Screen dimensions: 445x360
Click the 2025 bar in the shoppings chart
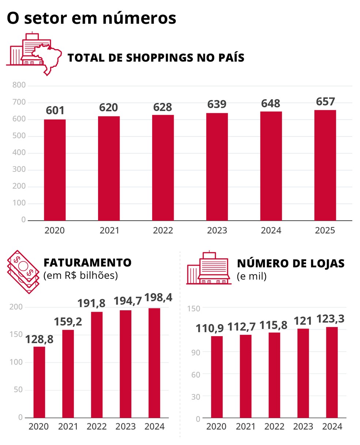click(325, 166)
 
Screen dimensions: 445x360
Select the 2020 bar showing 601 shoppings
click(55, 170)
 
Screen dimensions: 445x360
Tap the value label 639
click(217, 104)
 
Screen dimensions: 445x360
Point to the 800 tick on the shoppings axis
click(19, 85)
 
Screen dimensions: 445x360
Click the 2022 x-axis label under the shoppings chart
click(163, 230)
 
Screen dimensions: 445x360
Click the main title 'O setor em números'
click(91, 18)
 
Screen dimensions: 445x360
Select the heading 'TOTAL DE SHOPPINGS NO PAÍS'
click(156, 58)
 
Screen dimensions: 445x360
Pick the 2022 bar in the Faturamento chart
click(97, 364)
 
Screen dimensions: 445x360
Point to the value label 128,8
click(39, 340)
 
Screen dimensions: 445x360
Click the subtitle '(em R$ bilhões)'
click(80, 275)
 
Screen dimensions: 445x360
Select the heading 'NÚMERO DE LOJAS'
click(290, 263)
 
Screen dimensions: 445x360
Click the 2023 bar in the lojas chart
click(303, 373)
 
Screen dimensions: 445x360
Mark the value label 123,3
click(330, 319)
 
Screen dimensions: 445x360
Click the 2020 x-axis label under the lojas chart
click(216, 427)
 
